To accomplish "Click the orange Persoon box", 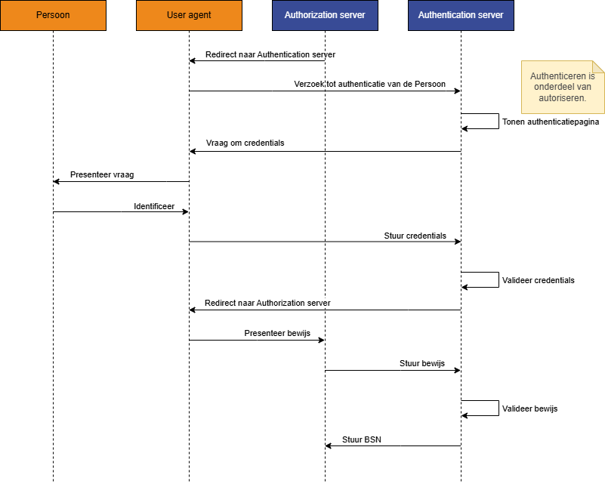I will (53, 15).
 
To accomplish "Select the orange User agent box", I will (189, 15).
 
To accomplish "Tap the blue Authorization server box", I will (325, 15).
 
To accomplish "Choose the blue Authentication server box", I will (461, 15).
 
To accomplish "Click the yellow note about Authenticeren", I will (562, 87).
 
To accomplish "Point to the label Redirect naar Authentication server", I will (270, 54).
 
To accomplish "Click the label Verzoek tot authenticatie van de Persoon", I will (369, 84).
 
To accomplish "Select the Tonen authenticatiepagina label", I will (550, 122).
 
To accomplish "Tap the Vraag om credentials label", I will (245, 143).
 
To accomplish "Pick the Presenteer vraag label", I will (102, 174).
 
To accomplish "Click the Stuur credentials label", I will (415, 236).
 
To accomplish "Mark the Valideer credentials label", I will (538, 280).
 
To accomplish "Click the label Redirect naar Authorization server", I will (267, 303).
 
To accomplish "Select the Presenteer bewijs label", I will (277, 333).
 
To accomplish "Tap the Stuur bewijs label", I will (421, 363).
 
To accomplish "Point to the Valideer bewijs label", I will (529, 408).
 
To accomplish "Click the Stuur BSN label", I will (361, 439).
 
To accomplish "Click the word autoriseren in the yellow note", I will (562, 98).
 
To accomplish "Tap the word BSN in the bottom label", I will (372, 439).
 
